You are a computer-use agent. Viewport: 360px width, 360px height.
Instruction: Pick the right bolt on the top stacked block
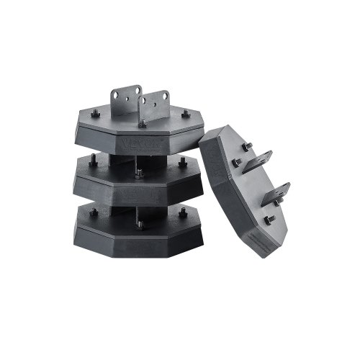point(186,113)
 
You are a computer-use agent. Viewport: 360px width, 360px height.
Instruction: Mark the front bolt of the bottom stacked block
point(139,225)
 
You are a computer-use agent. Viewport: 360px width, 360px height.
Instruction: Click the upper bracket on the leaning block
point(256,161)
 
